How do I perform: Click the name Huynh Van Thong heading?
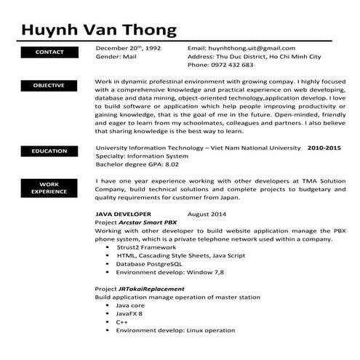point(99,30)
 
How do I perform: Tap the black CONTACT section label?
point(49,52)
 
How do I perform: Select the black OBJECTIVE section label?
point(49,86)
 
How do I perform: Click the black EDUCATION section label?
point(49,151)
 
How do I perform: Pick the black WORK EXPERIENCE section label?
point(49,188)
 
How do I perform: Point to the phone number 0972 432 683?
point(232,65)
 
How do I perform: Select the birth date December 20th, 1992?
point(128,47)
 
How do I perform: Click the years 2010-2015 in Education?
point(324,147)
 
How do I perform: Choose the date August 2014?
point(207,215)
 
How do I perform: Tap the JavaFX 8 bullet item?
point(129,313)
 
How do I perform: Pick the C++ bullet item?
point(121,321)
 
